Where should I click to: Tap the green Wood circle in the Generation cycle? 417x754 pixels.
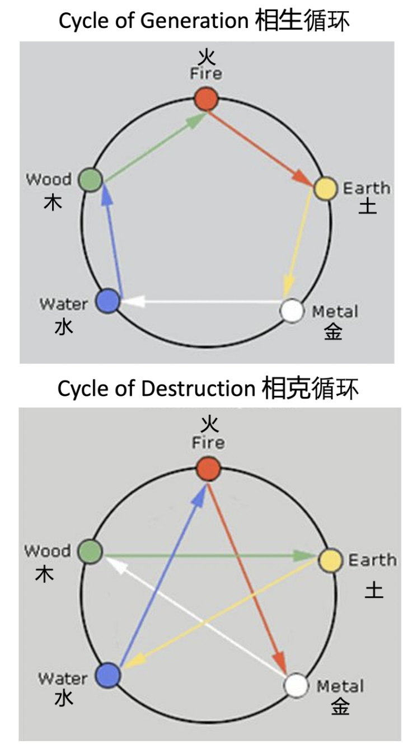[x=90, y=180]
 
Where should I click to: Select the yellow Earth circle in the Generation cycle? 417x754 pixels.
[x=325, y=188]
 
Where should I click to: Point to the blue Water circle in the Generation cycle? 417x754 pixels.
[x=107, y=301]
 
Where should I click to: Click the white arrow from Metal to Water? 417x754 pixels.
[x=202, y=302]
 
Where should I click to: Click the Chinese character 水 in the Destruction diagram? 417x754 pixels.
[x=64, y=699]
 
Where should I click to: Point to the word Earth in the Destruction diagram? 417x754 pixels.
[x=372, y=560]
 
